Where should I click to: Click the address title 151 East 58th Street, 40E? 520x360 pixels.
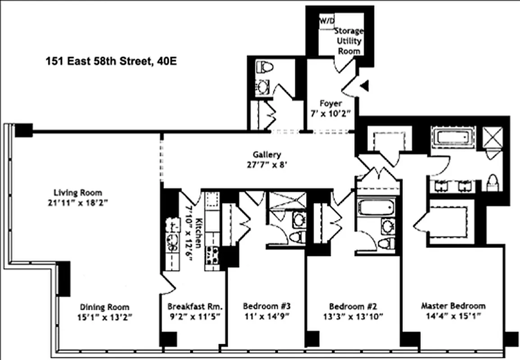tap(111, 61)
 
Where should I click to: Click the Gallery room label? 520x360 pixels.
tap(270, 154)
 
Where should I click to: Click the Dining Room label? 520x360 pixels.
tap(104, 307)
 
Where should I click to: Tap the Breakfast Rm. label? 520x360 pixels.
tap(195, 306)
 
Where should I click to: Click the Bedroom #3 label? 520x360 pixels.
tap(267, 306)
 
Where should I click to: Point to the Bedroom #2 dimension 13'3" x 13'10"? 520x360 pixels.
tap(353, 316)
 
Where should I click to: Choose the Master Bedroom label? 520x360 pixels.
tap(453, 306)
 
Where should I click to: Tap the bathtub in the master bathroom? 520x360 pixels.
tap(454, 136)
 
